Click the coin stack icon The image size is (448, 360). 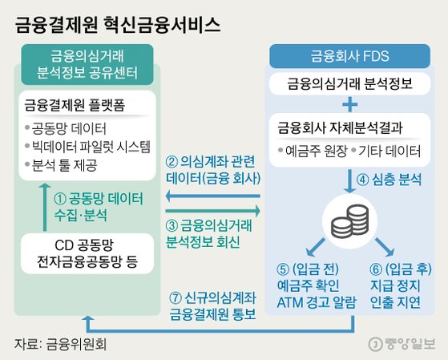point(349,221)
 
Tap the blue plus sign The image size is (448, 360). point(350,104)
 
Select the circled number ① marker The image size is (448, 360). point(60,199)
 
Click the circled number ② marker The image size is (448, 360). point(172,162)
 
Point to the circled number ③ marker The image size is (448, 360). point(172,226)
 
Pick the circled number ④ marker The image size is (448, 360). point(362,180)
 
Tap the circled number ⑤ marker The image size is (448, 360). point(283,269)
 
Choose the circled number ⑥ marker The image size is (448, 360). point(376,269)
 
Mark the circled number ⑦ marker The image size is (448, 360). point(176,298)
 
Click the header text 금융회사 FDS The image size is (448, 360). point(349,56)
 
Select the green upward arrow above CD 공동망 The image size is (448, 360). point(45,207)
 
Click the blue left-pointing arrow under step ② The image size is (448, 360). point(213,196)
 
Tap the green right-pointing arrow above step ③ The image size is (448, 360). point(213,211)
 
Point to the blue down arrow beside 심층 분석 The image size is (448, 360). point(349,181)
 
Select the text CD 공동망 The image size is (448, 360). point(84,245)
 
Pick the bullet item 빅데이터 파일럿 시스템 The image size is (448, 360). point(91,147)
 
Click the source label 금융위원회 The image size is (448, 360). point(76,344)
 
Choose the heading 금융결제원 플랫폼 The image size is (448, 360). point(75,105)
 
